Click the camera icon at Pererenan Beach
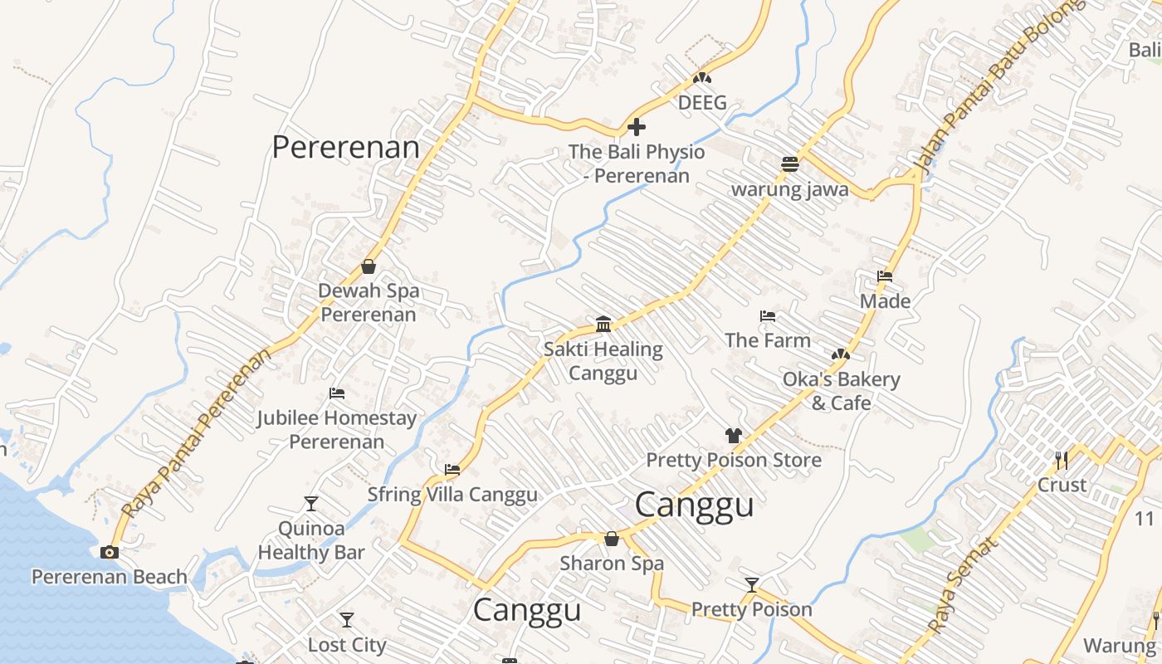pos(109,553)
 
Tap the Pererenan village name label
pos(345,148)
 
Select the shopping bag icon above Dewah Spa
pos(369,266)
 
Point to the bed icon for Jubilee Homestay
pos(337,393)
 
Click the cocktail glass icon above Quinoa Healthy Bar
pos(310,504)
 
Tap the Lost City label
pos(347,645)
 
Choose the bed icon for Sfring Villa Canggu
pos(452,470)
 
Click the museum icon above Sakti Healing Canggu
pos(603,324)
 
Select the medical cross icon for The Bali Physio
pos(637,127)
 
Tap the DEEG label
pos(702,103)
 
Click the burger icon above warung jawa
pos(789,164)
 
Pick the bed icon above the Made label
pos(885,276)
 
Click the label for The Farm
pos(768,340)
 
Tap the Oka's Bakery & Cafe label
pos(842,391)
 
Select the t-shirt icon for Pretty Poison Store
pos(733,435)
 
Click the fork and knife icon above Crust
pos(1061,460)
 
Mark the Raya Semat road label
pos(960,585)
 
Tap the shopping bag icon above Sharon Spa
pos(612,539)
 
